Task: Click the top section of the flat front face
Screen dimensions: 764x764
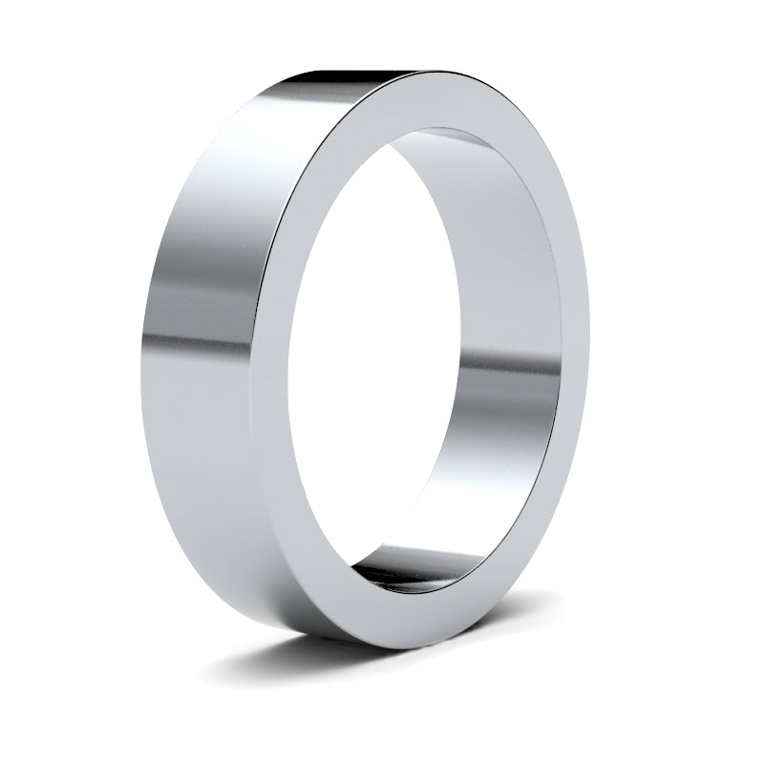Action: (439, 100)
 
